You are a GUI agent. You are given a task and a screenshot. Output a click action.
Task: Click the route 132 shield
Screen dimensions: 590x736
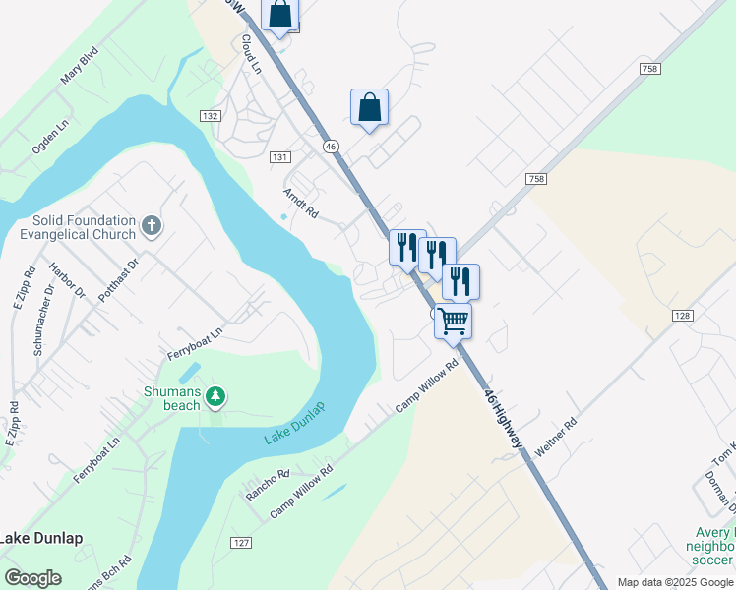point(209,116)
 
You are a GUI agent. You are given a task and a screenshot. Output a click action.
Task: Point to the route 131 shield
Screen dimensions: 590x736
point(280,157)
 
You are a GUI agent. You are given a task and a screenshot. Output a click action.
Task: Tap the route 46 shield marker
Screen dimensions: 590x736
point(331,146)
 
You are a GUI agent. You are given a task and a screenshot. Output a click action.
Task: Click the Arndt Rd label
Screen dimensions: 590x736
point(301,203)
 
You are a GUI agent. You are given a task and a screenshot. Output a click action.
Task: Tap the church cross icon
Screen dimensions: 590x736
point(152,227)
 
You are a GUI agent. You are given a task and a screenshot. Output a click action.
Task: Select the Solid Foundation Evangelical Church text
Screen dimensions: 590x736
point(77,228)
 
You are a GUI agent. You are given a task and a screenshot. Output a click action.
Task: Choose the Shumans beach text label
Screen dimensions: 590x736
point(172,398)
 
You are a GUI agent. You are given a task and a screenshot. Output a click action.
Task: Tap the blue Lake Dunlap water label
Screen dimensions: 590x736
point(294,423)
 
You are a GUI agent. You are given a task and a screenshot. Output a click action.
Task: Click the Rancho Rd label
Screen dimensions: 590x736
point(268,485)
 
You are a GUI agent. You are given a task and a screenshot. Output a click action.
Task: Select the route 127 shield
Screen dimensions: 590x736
point(241,543)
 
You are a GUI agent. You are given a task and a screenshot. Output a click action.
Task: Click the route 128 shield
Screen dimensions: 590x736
point(683,316)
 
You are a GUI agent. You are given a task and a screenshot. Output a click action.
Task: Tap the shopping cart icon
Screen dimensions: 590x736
point(453,321)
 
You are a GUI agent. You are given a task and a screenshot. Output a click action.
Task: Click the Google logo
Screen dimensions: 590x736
point(32,578)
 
